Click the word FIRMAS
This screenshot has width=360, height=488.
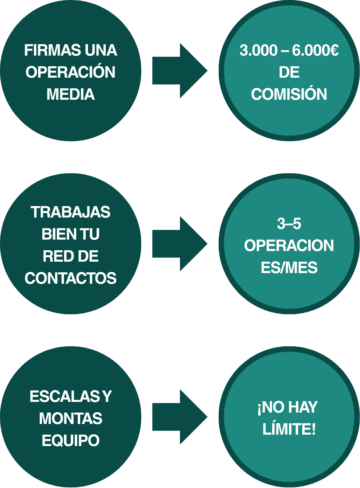click(52, 50)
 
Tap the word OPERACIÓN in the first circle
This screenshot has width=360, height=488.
click(70, 72)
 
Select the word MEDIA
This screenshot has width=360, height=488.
click(70, 94)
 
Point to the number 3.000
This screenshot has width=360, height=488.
click(258, 50)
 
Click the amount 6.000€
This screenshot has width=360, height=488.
click(315, 50)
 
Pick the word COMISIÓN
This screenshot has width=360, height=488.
click(289, 94)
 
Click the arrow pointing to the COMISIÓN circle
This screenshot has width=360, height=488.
click(179, 71)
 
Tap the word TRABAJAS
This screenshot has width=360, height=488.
click(70, 212)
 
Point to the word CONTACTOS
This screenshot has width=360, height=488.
click(70, 279)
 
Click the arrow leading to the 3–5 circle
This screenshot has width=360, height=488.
click(179, 244)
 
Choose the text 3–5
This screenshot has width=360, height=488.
click(289, 224)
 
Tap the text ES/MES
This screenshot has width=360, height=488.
click(289, 268)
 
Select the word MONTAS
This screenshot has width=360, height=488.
click(70, 418)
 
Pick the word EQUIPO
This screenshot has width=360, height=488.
click(70, 441)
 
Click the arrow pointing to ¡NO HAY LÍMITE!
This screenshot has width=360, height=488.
click(179, 417)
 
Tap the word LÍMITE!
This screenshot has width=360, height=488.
click(289, 429)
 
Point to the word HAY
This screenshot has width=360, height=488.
click(303, 407)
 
